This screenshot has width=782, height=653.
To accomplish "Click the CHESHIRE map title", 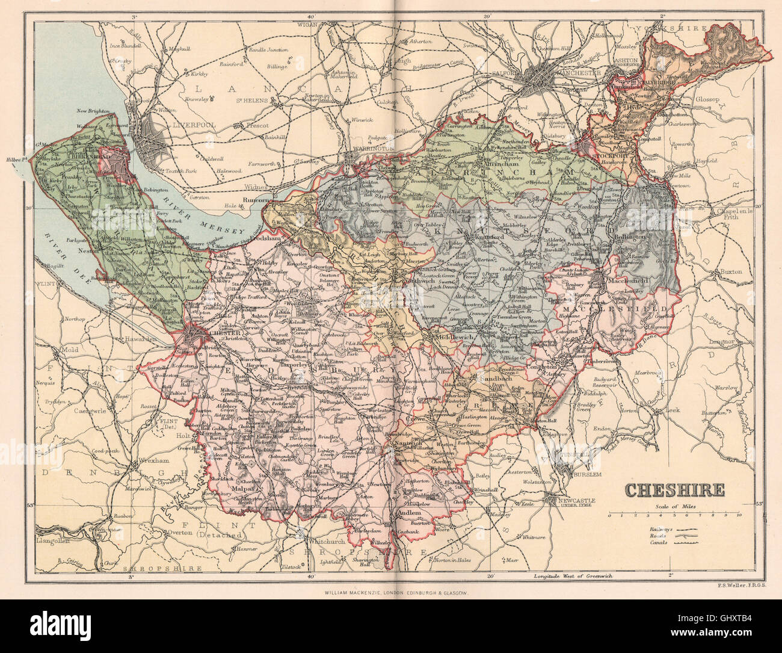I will (675, 490).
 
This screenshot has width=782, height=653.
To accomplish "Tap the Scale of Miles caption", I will (676, 507).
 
